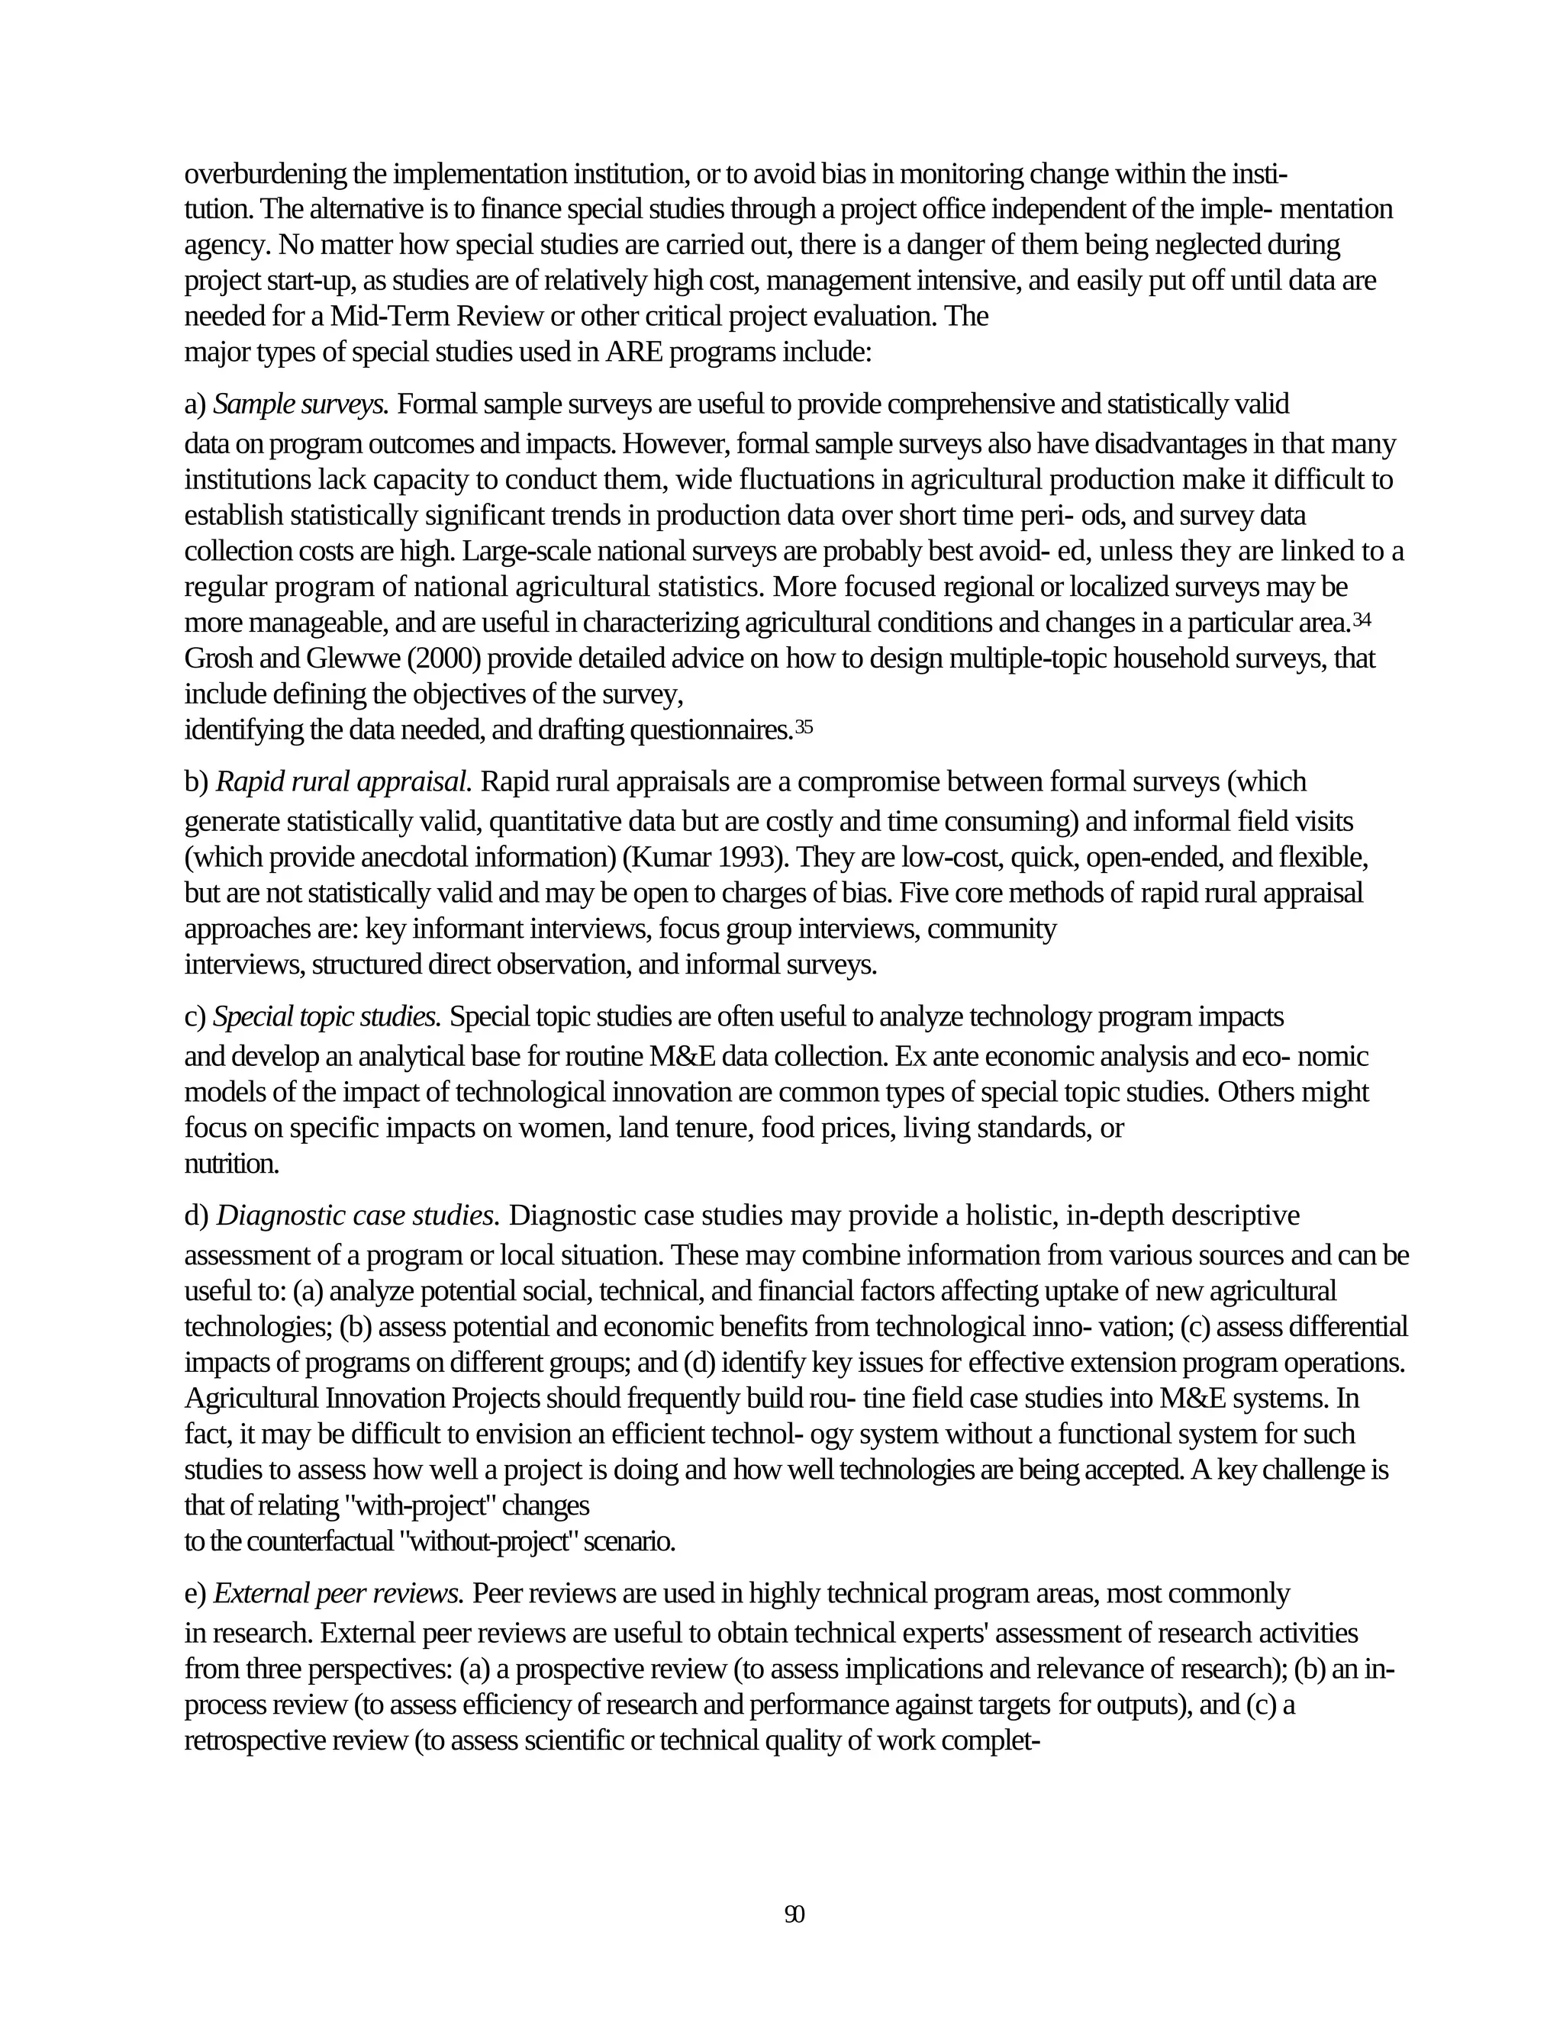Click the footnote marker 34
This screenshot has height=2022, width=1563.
tap(1362, 620)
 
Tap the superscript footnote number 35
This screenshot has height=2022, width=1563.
tap(804, 726)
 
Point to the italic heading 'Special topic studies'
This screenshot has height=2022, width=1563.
tap(327, 1016)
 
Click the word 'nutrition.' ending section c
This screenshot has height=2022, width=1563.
tap(231, 1164)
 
